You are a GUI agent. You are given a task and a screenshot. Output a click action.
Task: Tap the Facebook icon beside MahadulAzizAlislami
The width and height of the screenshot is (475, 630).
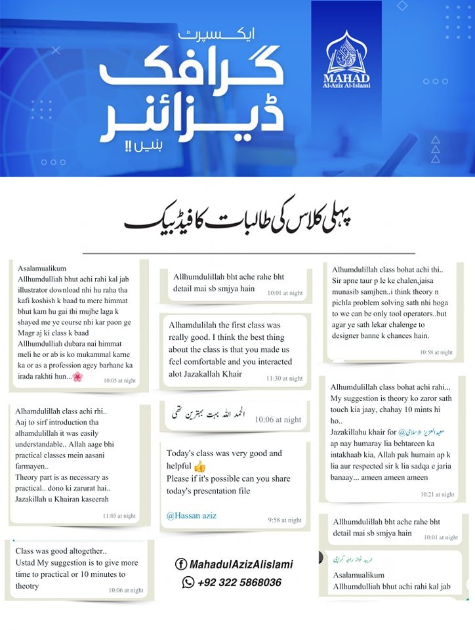180,564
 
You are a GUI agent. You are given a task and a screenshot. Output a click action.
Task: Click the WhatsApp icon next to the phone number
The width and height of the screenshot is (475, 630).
188,582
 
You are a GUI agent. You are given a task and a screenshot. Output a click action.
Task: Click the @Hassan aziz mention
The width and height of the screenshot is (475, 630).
192,516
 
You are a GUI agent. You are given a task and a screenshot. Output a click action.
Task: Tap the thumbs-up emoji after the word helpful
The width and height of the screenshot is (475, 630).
198,467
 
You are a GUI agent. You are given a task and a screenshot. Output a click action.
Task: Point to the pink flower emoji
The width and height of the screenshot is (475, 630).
77,376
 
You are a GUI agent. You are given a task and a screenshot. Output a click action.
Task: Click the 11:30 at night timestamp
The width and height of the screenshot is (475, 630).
284,379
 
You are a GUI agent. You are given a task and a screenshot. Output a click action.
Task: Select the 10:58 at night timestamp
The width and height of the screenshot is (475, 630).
436,352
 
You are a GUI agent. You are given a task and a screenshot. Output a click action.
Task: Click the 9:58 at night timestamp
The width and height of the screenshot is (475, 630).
285,520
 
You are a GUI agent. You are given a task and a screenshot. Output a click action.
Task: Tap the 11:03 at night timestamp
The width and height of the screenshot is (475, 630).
119,516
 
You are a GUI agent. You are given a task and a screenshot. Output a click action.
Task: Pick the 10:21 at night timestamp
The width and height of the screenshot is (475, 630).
438,494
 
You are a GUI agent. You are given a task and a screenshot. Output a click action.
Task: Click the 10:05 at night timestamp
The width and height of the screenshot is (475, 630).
119,380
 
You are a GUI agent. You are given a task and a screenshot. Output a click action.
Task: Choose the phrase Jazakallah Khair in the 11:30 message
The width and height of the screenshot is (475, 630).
205,374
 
